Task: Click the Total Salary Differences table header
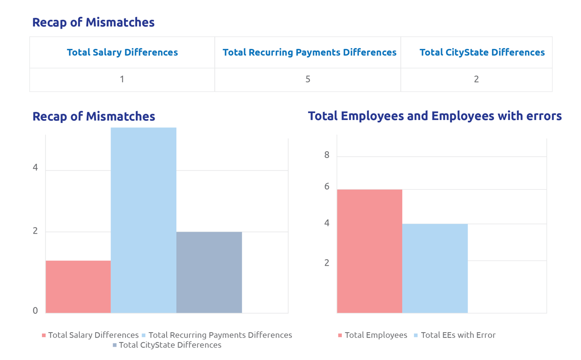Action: coord(122,52)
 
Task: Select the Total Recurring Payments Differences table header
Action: coord(309,52)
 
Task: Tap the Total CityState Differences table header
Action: coord(482,52)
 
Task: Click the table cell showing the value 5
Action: coord(308,79)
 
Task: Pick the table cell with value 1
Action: coord(122,79)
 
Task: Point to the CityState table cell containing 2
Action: coord(476,79)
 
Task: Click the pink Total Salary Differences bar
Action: coord(78,287)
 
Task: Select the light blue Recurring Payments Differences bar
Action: coord(144,220)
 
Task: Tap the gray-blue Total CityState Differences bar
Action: coord(209,272)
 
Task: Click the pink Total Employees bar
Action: coord(369,251)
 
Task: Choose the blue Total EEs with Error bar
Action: coord(435,268)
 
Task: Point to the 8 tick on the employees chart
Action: coord(327,155)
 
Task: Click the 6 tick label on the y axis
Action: coord(327,186)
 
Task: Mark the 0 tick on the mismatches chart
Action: coord(36,311)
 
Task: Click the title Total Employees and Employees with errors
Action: coord(434,116)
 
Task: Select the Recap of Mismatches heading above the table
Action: coord(93,22)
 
